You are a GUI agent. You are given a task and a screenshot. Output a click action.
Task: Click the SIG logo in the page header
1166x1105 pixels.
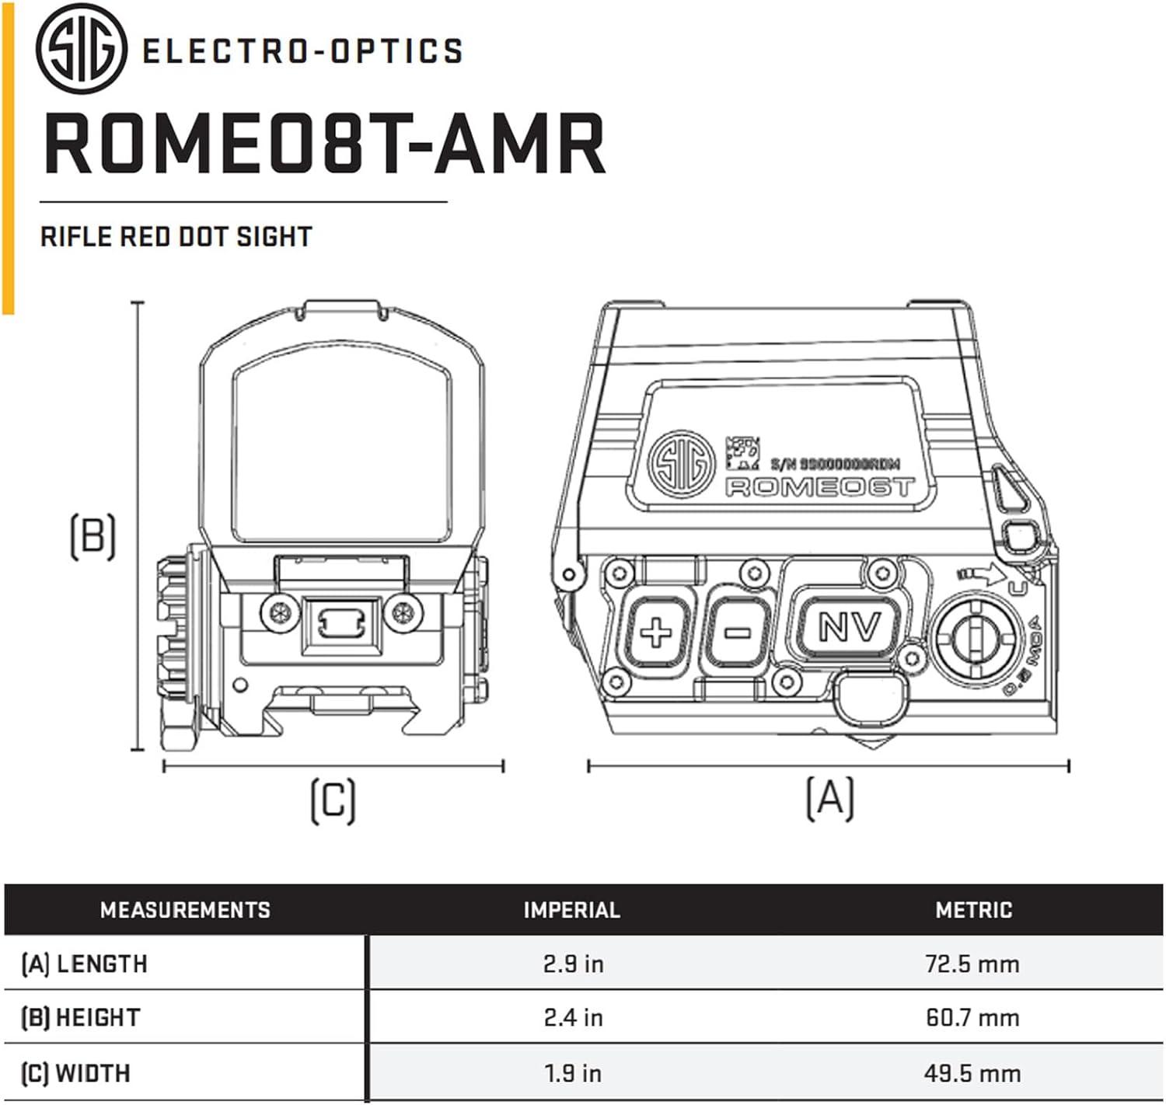click(82, 51)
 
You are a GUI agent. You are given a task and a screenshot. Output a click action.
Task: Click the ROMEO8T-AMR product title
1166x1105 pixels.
click(323, 145)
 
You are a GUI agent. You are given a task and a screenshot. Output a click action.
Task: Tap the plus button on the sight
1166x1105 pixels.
click(655, 632)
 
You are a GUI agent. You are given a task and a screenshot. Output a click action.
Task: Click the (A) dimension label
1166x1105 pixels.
click(829, 797)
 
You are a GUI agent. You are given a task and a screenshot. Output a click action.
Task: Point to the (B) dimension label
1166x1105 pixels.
click(93, 535)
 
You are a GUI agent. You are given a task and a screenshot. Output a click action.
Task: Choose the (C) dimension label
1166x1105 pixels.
click(333, 800)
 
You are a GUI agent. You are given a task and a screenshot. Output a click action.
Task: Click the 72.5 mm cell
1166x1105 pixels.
click(972, 964)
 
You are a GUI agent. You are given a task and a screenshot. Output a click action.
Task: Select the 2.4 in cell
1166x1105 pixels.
click(573, 1017)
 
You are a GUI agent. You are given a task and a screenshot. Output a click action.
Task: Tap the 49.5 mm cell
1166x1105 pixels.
click(972, 1073)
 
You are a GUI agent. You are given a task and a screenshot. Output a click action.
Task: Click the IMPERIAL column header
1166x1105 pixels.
click(571, 910)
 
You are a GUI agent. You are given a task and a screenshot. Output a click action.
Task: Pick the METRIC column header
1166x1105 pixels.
click(973, 910)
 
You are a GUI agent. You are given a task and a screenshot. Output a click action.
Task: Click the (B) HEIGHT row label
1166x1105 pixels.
click(80, 1017)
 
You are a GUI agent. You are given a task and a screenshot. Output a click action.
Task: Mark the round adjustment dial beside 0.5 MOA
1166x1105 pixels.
click(978, 639)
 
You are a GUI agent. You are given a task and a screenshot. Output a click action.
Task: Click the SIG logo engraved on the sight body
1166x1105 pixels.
click(681, 464)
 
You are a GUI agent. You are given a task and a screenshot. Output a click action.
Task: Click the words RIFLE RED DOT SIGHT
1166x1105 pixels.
click(176, 236)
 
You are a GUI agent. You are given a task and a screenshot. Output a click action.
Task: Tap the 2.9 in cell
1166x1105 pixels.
click(573, 964)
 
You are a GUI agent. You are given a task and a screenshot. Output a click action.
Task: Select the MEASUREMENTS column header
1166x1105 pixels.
click(185, 910)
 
